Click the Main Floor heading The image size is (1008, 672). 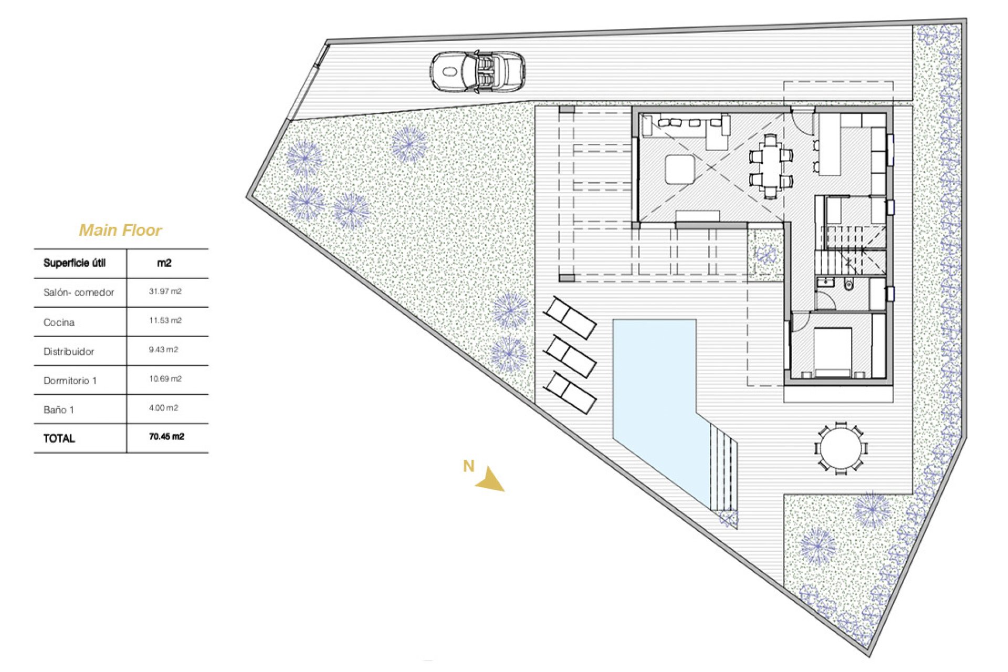(120, 230)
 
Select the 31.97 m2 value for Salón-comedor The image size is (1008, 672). (165, 291)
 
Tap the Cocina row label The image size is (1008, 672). (59, 322)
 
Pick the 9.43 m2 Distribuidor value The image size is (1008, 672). (163, 350)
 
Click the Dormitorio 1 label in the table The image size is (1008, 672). (70, 381)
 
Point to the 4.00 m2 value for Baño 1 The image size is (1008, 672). (163, 408)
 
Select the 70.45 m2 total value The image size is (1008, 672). (166, 437)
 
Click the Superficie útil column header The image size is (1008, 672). (74, 263)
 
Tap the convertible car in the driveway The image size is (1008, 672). (477, 72)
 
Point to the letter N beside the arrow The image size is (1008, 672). (468, 466)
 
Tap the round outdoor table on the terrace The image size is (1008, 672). (841, 449)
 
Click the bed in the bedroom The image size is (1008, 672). (833, 352)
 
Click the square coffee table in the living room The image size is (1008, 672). (680, 169)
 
